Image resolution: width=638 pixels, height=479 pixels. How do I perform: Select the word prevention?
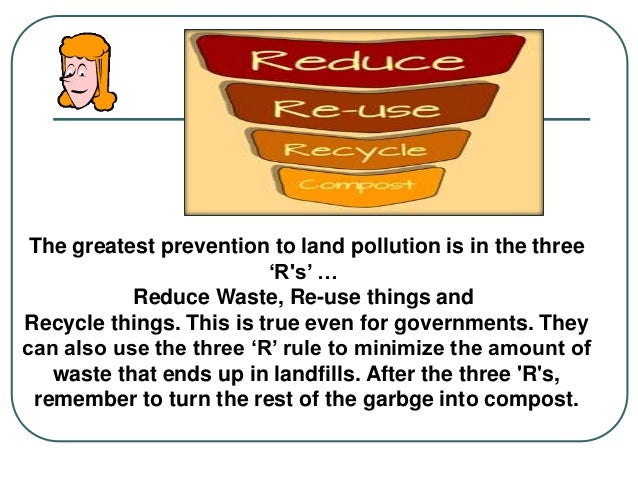pos(219,246)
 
